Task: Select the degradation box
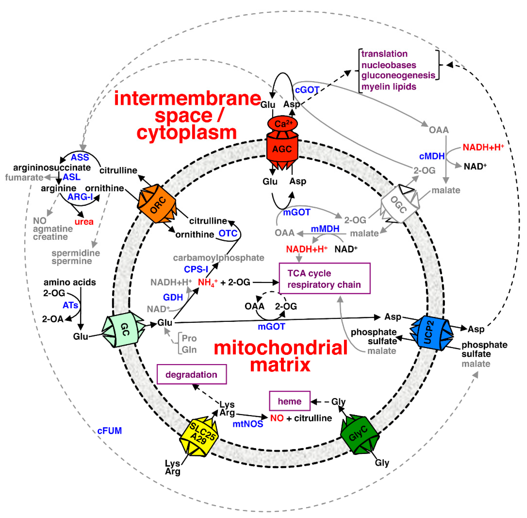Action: pos(192,374)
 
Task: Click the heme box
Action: pos(290,401)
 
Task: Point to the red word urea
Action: pos(84,222)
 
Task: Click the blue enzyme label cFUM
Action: pos(110,431)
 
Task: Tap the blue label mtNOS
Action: pos(248,424)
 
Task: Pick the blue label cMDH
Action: pos(432,156)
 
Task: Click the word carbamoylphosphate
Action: pos(219,258)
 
